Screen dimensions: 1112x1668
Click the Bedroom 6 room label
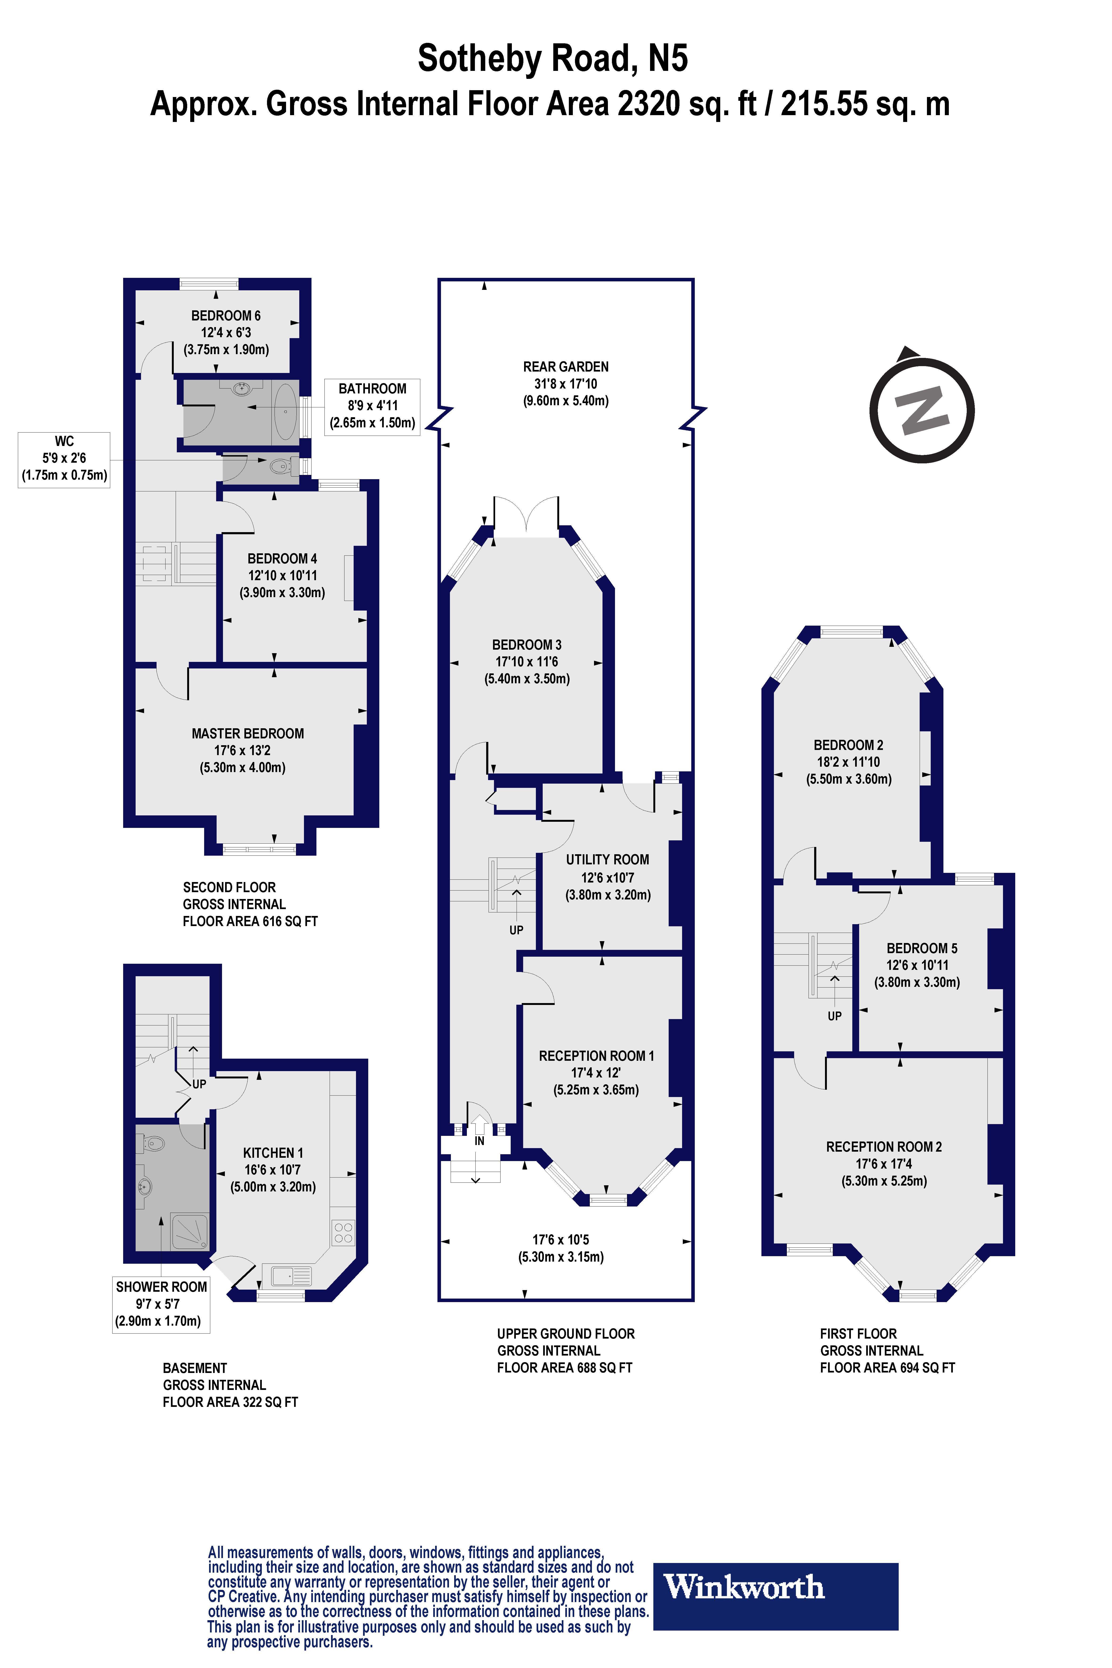coord(226,316)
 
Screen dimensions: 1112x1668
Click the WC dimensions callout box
coord(64,459)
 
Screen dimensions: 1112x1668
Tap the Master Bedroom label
coord(247,733)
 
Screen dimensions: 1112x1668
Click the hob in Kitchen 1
coord(343,1233)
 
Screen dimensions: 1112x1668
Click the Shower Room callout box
coord(161,1304)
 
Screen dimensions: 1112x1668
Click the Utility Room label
coord(607,859)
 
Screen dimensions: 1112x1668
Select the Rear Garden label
coord(565,367)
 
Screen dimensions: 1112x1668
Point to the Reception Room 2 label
coord(884,1147)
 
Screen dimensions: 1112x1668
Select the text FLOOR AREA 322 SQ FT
coord(230,1402)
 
